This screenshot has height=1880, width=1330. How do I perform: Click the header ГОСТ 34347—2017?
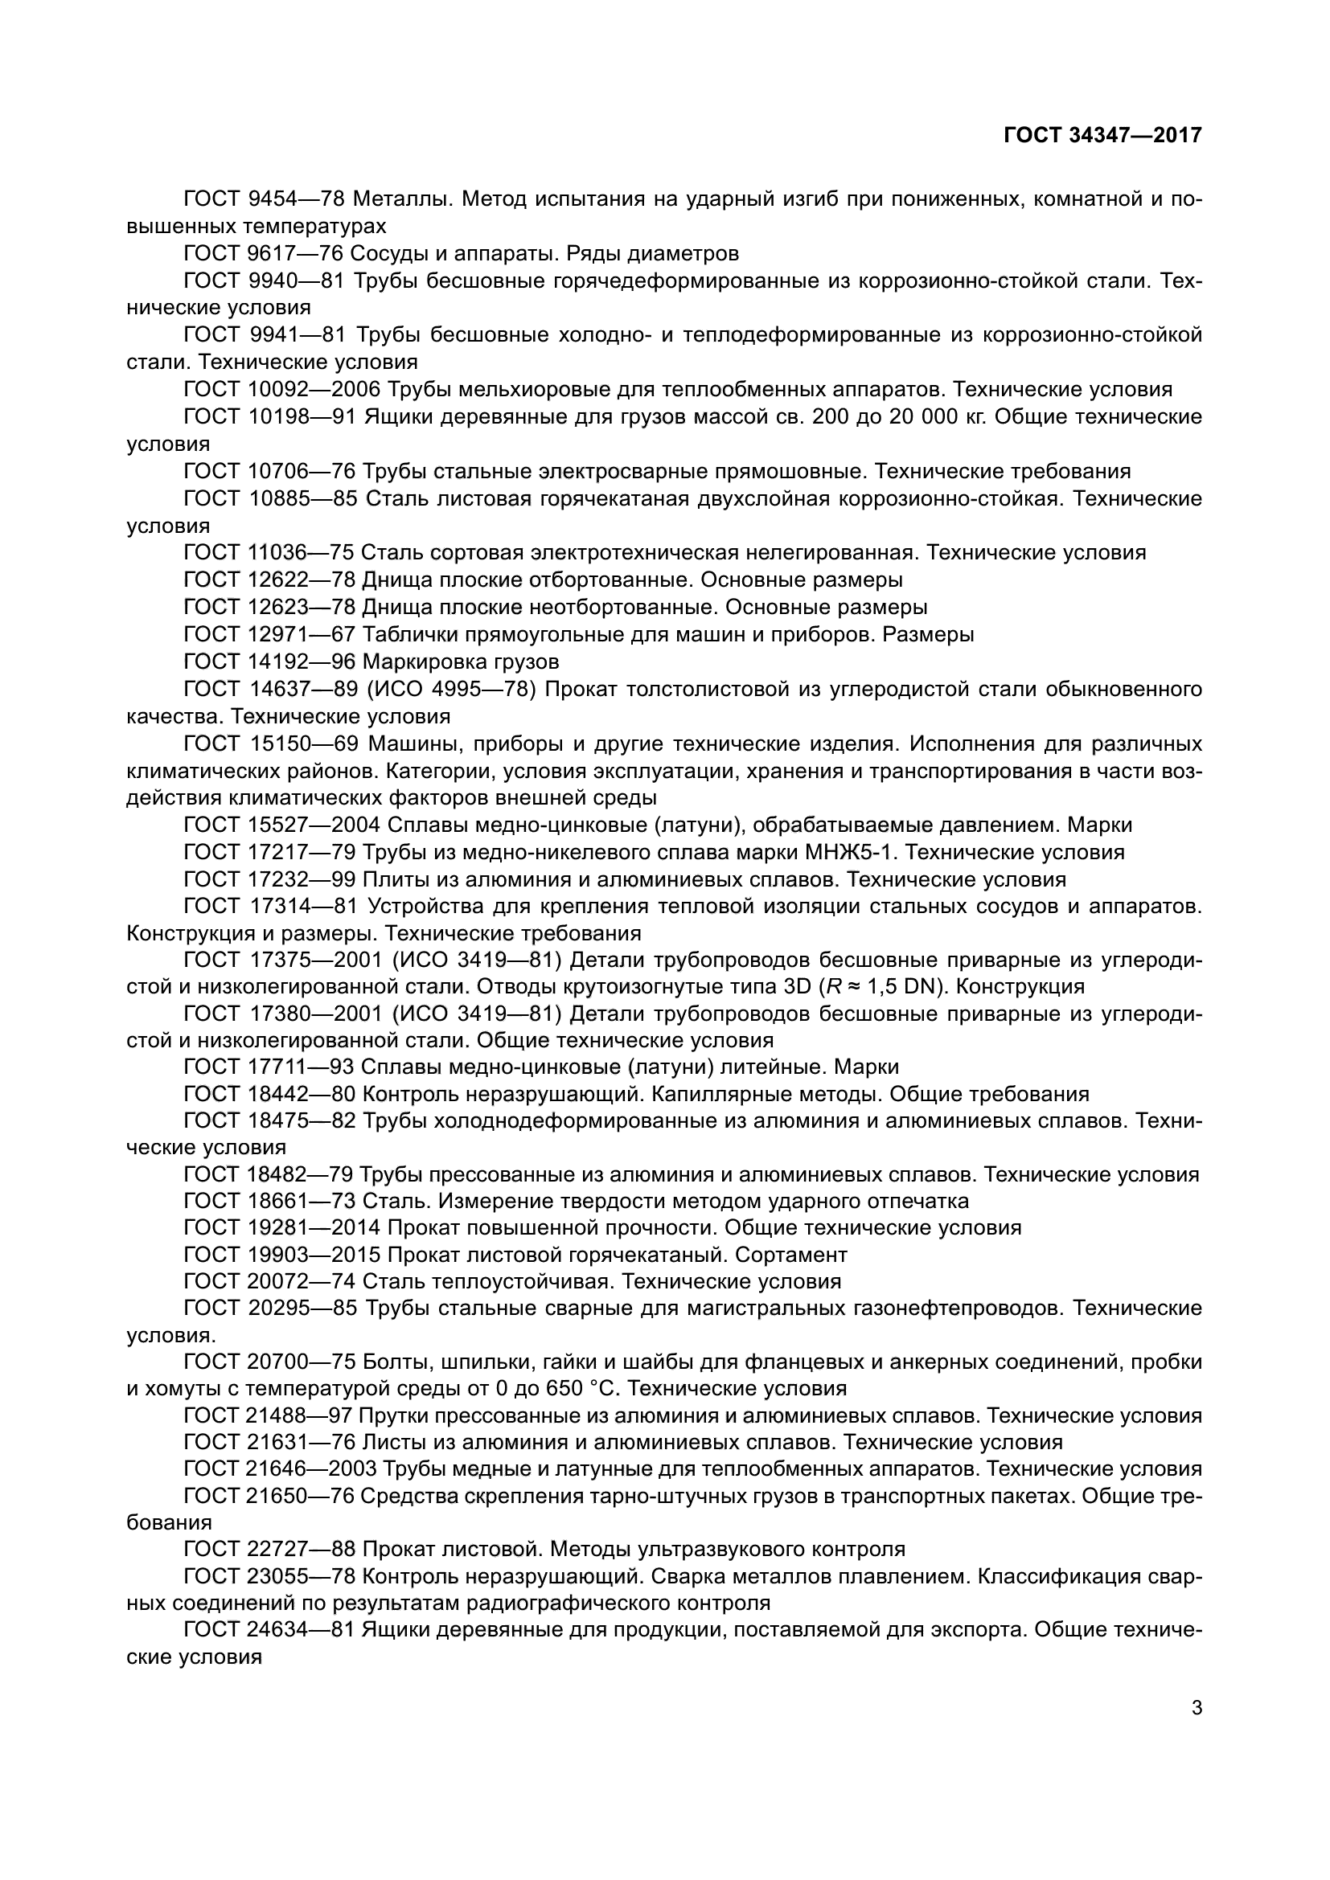pyautogui.click(x=1102, y=135)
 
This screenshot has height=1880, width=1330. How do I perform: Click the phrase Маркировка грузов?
pyautogui.click(x=461, y=661)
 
